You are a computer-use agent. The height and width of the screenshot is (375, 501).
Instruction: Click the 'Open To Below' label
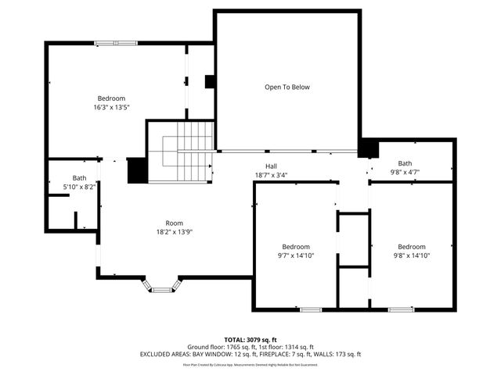pyautogui.click(x=287, y=87)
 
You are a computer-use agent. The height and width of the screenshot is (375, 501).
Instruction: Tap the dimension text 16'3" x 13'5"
pyautogui.click(x=111, y=108)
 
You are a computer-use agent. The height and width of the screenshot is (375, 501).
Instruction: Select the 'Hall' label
pyautogui.click(x=271, y=166)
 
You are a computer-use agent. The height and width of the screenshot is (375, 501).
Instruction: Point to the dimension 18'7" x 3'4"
pyautogui.click(x=271, y=175)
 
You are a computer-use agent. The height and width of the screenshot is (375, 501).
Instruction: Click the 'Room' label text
pyautogui.click(x=174, y=223)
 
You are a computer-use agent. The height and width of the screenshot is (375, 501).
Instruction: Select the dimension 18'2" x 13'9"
pyautogui.click(x=174, y=232)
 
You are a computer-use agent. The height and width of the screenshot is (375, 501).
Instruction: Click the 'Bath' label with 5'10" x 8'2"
pyautogui.click(x=80, y=178)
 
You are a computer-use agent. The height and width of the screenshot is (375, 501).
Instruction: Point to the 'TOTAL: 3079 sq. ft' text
pyautogui.click(x=250, y=340)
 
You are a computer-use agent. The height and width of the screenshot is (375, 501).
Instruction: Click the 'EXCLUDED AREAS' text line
pyautogui.click(x=250, y=354)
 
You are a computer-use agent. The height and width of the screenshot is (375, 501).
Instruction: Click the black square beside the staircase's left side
pyautogui.click(x=137, y=170)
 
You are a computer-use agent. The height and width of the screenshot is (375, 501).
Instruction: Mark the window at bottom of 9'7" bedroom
pyautogui.click(x=311, y=310)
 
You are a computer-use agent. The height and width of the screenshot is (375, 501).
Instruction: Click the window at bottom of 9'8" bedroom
pyautogui.click(x=402, y=310)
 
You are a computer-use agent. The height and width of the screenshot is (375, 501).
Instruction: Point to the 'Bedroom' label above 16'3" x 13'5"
pyautogui.click(x=111, y=98)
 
